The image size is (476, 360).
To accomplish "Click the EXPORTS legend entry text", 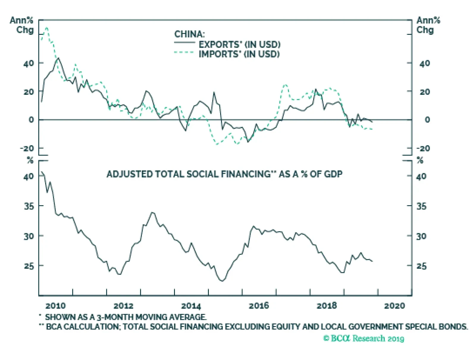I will pyautogui.click(x=239, y=45).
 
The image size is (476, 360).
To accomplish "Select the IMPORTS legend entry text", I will pyautogui.click(x=239, y=54).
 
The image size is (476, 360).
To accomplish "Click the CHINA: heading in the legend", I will pyautogui.click(x=190, y=34).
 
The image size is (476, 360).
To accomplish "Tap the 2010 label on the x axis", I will pyautogui.click(x=56, y=306).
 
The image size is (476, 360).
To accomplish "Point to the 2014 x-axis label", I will pyautogui.click(x=191, y=306).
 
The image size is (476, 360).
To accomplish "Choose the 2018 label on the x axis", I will pyautogui.click(x=327, y=306).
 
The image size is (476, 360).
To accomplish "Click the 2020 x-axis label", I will pyautogui.click(x=394, y=306).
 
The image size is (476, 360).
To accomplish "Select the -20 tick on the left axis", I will pyautogui.click(x=27, y=148).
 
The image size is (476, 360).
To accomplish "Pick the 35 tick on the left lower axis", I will pyautogui.click(x=29, y=206).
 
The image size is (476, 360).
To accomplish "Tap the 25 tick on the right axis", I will pyautogui.click(x=421, y=266).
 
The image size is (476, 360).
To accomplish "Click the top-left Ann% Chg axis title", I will pyautogui.click(x=22, y=25).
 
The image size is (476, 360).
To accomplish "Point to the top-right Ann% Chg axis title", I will pyautogui.click(x=428, y=25).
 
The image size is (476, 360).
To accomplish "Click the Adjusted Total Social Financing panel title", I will pyautogui.click(x=224, y=174).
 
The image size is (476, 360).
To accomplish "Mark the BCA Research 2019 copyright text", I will pyautogui.click(x=364, y=338).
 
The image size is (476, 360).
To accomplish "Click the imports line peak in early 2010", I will pyautogui.click(x=47, y=27).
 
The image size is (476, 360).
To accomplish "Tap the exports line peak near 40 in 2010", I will pyautogui.click(x=58, y=58).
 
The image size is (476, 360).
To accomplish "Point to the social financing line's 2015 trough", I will pyautogui.click(x=222, y=281).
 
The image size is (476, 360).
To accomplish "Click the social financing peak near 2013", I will pyautogui.click(x=153, y=212).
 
